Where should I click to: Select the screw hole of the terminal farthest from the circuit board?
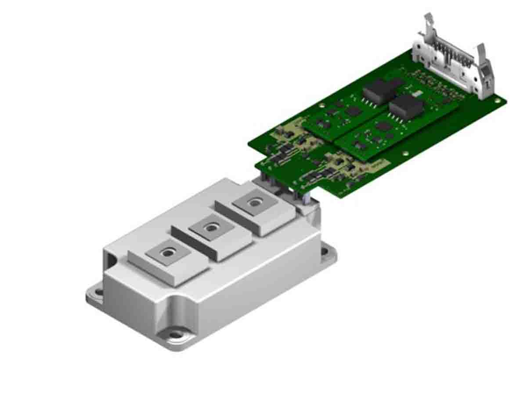167,253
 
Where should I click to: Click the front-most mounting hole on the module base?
176,335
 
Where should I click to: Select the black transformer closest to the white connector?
406,107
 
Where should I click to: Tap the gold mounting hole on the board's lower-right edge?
405,154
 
